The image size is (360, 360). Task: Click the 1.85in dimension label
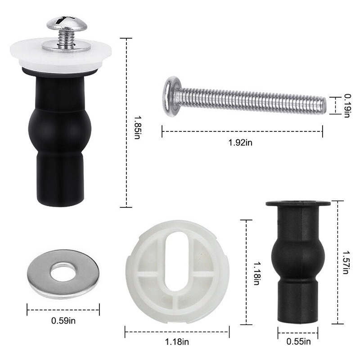[x=137, y=127]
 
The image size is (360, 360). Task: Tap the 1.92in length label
[x=240, y=143]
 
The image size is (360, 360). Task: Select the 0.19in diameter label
[x=347, y=106]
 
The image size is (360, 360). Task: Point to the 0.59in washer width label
[x=63, y=320]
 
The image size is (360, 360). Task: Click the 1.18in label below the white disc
[x=177, y=342]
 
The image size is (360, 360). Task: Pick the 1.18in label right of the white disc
[x=256, y=274]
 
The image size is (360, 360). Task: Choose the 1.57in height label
[x=346, y=262]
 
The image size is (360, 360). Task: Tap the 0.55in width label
[x=298, y=342]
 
